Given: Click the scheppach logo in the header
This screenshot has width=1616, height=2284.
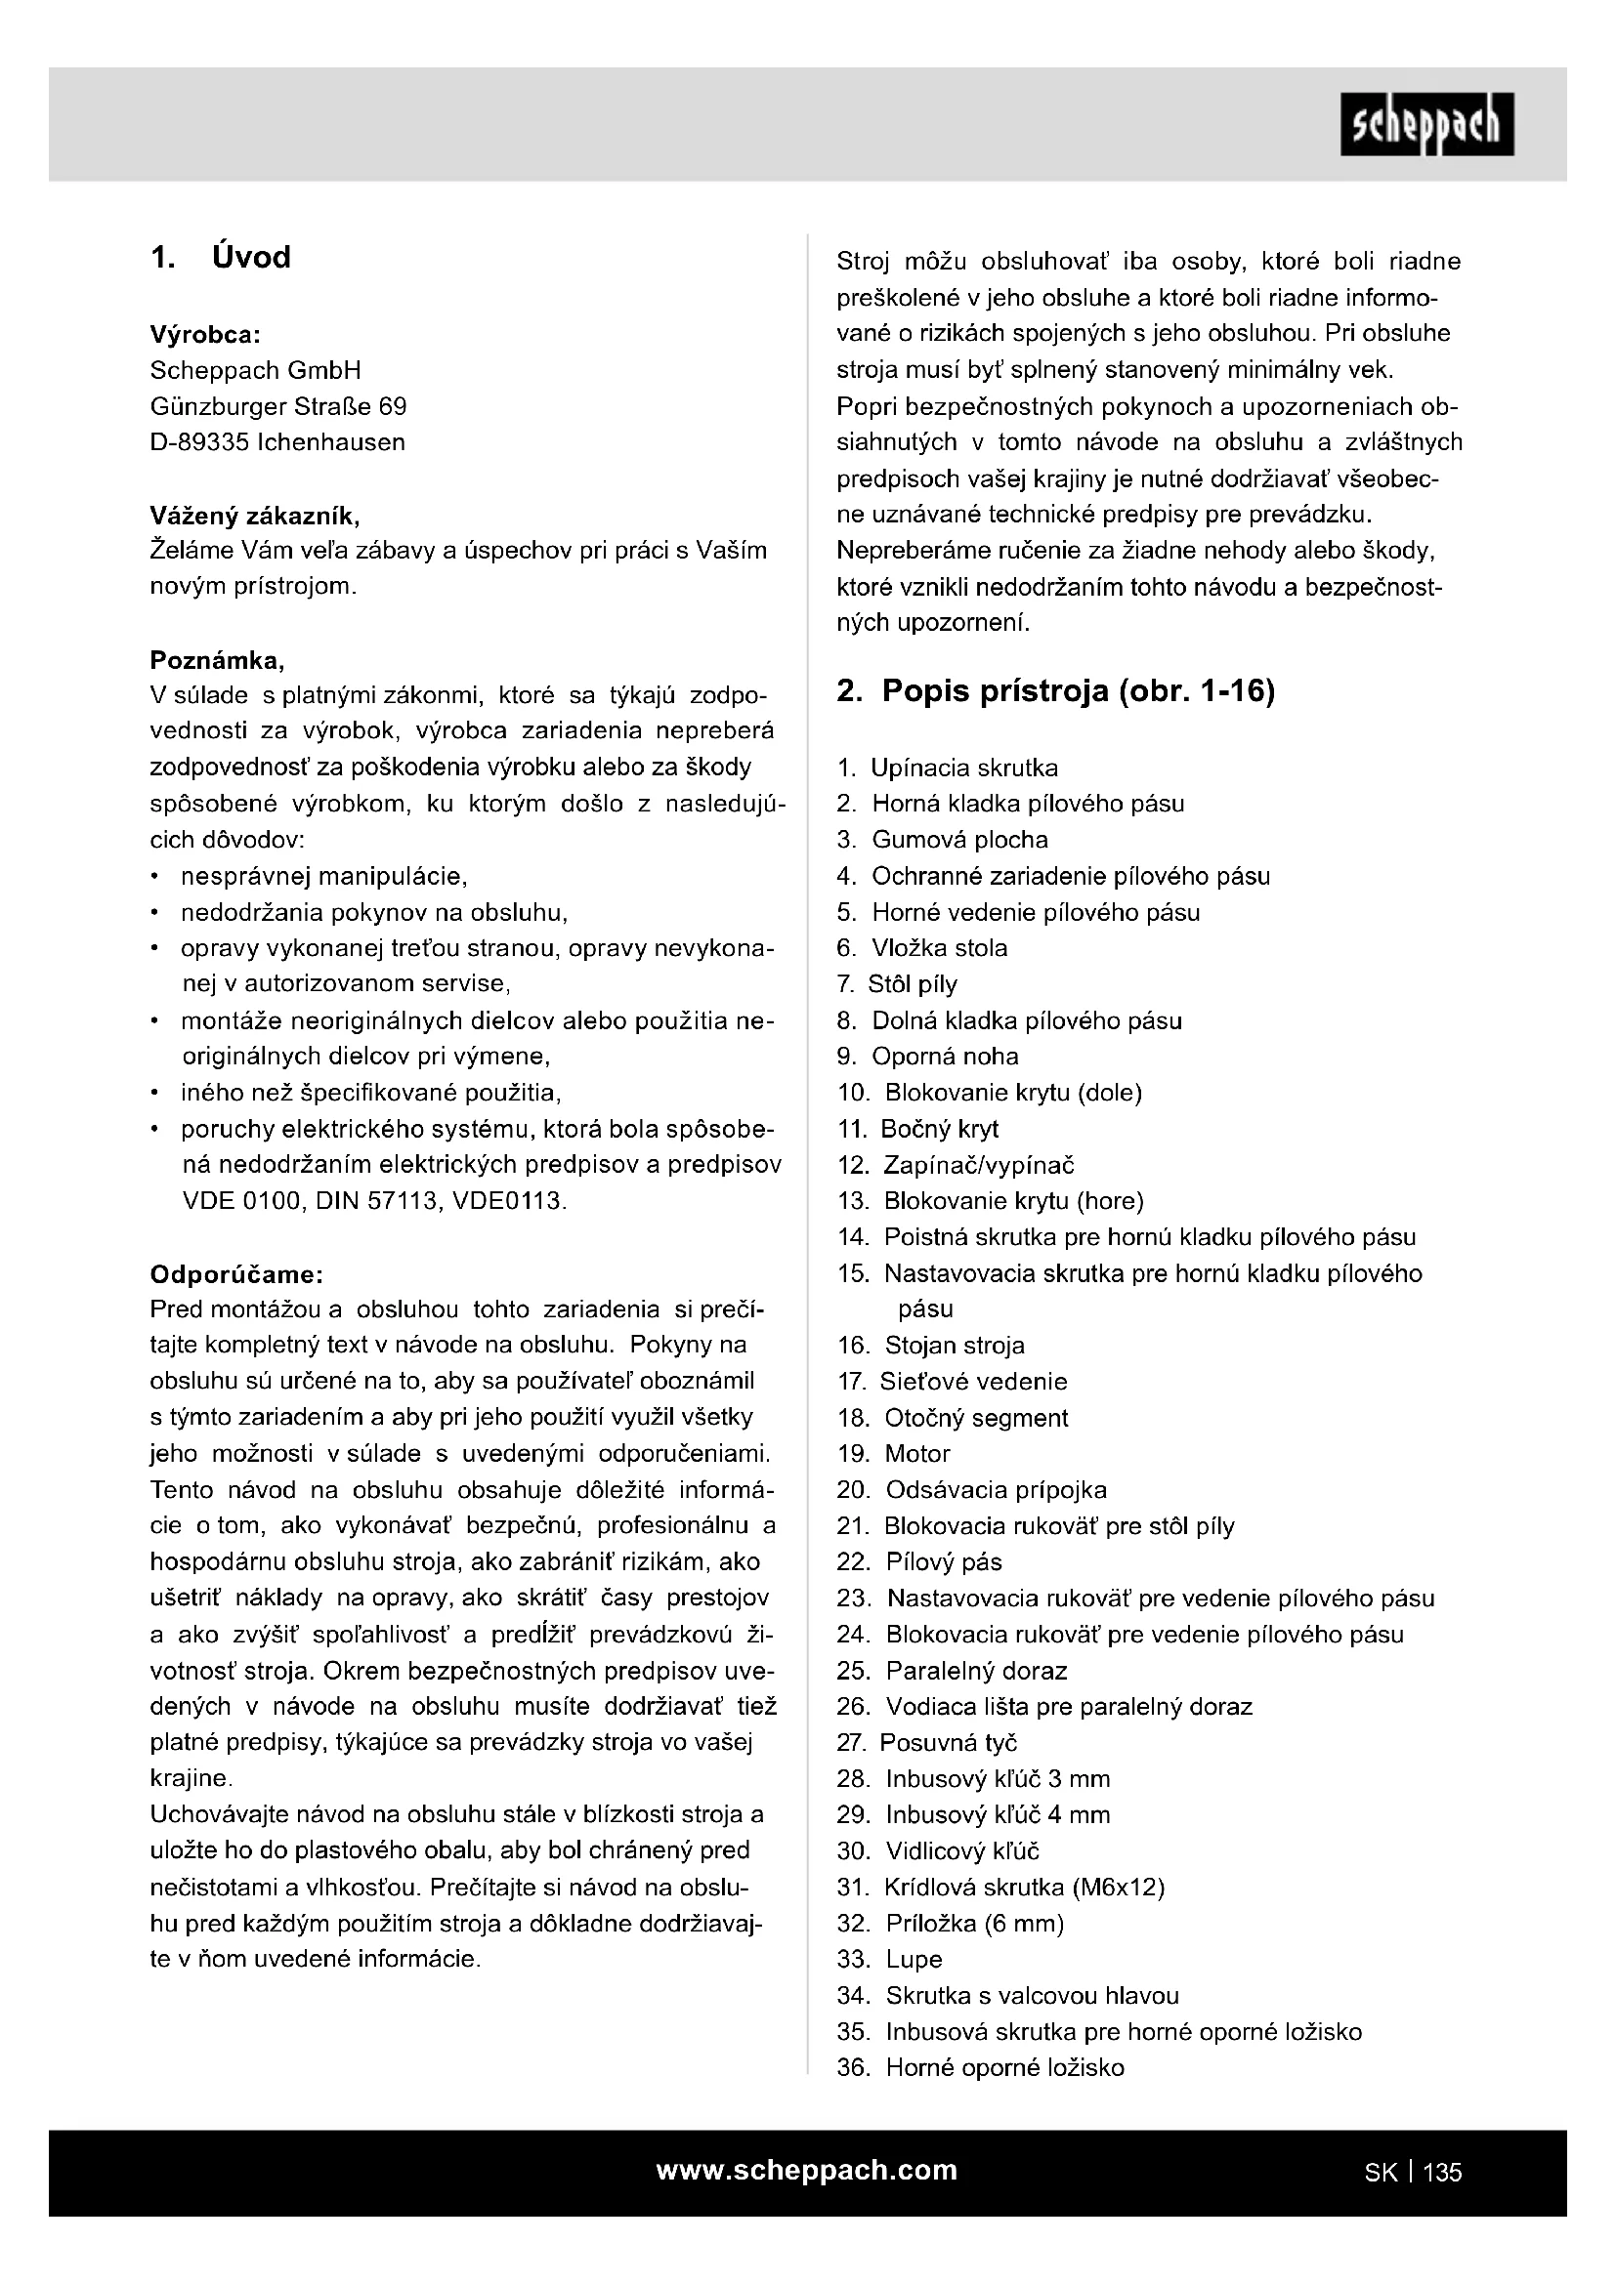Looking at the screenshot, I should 1425,124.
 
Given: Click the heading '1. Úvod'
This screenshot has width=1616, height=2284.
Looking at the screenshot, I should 220,258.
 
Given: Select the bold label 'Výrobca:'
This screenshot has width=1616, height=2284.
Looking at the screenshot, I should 205,334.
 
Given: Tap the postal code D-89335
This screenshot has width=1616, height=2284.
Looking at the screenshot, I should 199,442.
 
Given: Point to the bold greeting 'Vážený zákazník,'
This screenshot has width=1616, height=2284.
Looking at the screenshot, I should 255,516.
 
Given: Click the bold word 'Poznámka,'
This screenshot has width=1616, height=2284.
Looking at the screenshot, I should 217,659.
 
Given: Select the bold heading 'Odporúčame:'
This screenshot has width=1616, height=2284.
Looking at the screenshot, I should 235,1274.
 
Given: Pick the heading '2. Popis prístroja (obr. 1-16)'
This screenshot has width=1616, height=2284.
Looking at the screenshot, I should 1055,691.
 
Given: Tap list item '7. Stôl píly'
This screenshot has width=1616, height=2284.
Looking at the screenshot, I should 897,985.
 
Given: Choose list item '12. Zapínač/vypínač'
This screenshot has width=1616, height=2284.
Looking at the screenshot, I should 956,1165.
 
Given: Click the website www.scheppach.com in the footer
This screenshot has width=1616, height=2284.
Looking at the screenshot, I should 806,2171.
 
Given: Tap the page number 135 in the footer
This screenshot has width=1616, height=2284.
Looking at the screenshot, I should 1442,2173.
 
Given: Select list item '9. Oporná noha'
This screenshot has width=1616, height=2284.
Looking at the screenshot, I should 927,1057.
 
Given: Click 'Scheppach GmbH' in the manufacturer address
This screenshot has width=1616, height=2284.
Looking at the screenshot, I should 255,371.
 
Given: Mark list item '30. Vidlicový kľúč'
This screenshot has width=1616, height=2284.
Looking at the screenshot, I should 937,1851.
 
